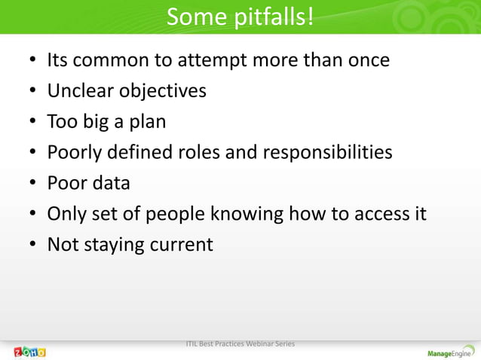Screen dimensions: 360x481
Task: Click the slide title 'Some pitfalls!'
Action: point(240,16)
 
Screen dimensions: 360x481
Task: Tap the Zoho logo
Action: point(29,352)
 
